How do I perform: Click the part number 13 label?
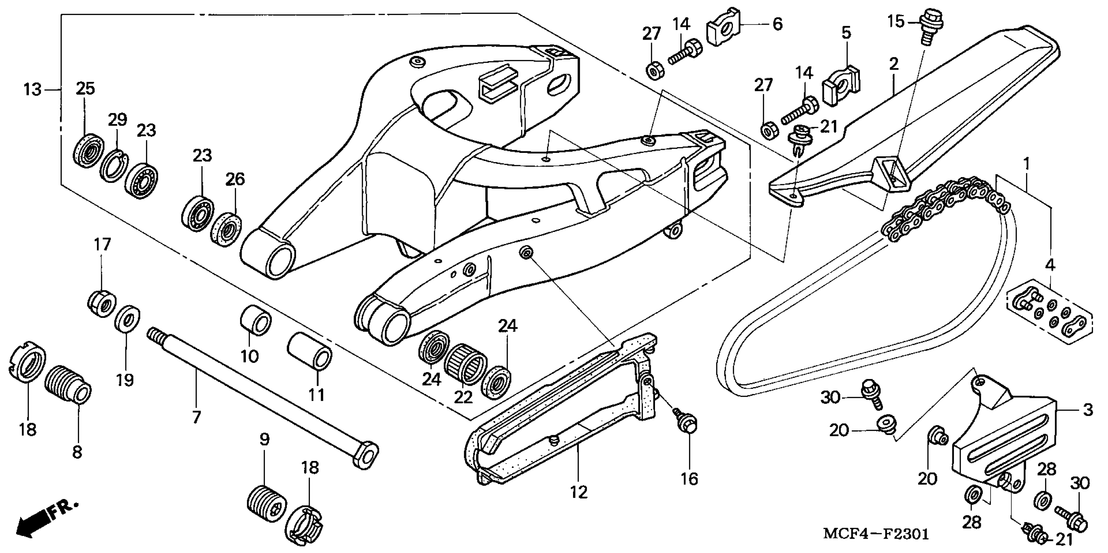pyautogui.click(x=32, y=90)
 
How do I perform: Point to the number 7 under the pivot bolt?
pyautogui.click(x=196, y=417)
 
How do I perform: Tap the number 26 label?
pyautogui.click(x=235, y=179)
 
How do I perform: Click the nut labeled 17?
pyautogui.click(x=102, y=304)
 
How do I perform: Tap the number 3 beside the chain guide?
pyautogui.click(x=1088, y=410)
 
